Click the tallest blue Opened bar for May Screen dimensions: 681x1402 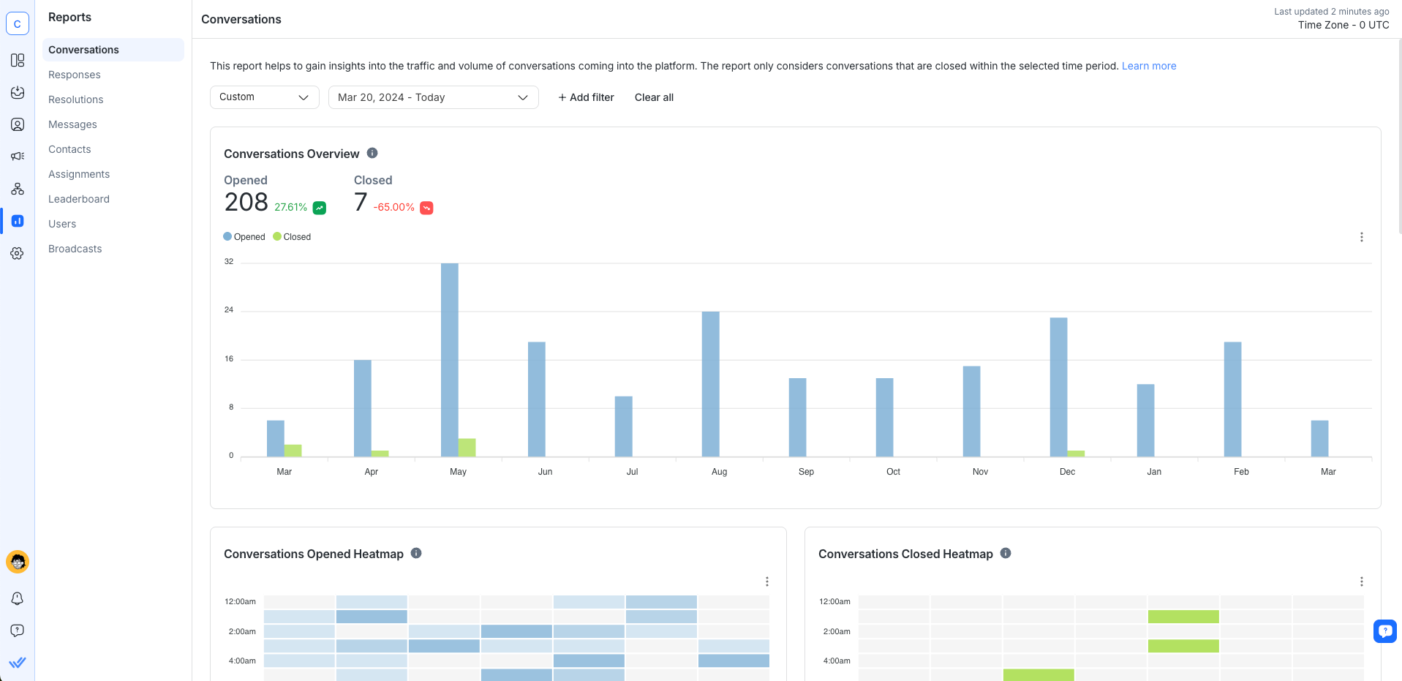tap(450, 358)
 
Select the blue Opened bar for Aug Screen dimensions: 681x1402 tap(710, 384)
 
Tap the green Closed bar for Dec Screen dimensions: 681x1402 tap(1076, 454)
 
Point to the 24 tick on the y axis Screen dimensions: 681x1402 tap(229, 310)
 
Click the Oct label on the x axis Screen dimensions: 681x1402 tap(893, 472)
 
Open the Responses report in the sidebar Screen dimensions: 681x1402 tap(75, 75)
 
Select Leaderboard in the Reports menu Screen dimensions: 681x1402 tap(79, 199)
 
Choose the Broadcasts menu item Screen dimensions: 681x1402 tap(75, 249)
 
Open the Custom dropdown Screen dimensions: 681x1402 tap(264, 97)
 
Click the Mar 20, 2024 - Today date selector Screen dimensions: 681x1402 tap(433, 97)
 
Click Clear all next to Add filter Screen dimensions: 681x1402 tap(654, 97)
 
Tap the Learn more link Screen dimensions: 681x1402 tap(1149, 66)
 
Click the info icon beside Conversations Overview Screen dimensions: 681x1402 tap(372, 153)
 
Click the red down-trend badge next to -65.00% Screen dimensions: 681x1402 tap(426, 208)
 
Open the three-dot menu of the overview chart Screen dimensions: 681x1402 tap(1361, 237)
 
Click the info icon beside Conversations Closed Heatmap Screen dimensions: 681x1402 tap(1006, 553)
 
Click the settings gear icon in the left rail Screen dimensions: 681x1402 tap(18, 253)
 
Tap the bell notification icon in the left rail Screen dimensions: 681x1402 tap(18, 598)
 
